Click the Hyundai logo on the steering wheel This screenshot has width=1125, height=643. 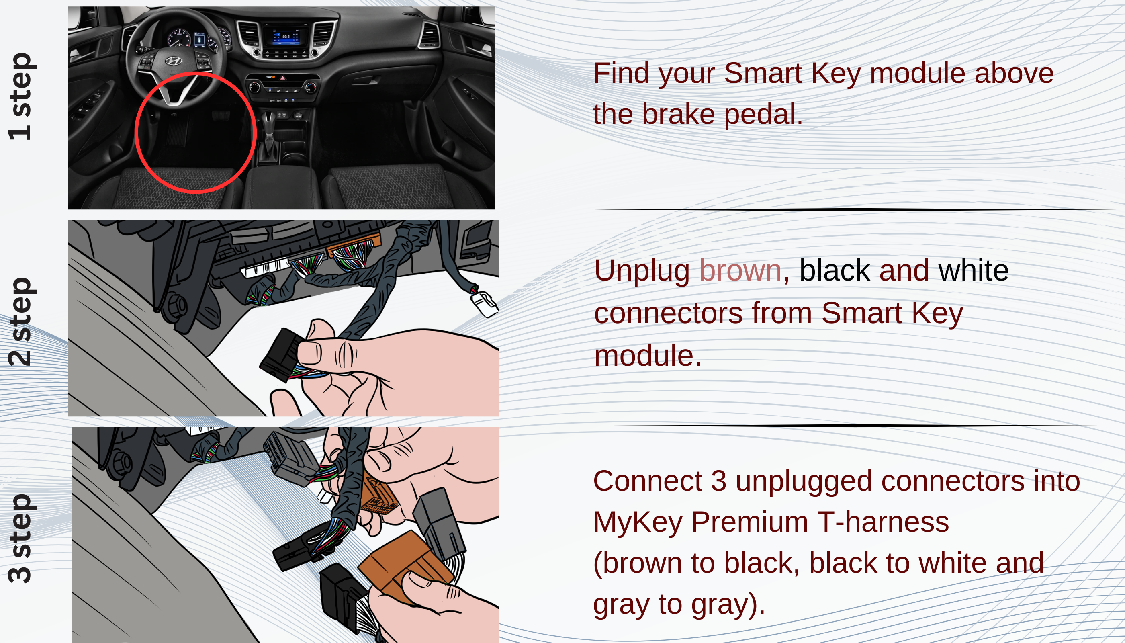(173, 61)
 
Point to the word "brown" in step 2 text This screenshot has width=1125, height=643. (740, 270)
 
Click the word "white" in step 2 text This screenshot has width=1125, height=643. (973, 270)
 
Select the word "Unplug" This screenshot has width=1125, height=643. (642, 270)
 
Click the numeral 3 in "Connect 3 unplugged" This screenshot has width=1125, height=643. (718, 481)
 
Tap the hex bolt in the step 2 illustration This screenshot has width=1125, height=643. (177, 305)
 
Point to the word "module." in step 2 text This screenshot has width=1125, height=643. (647, 356)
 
